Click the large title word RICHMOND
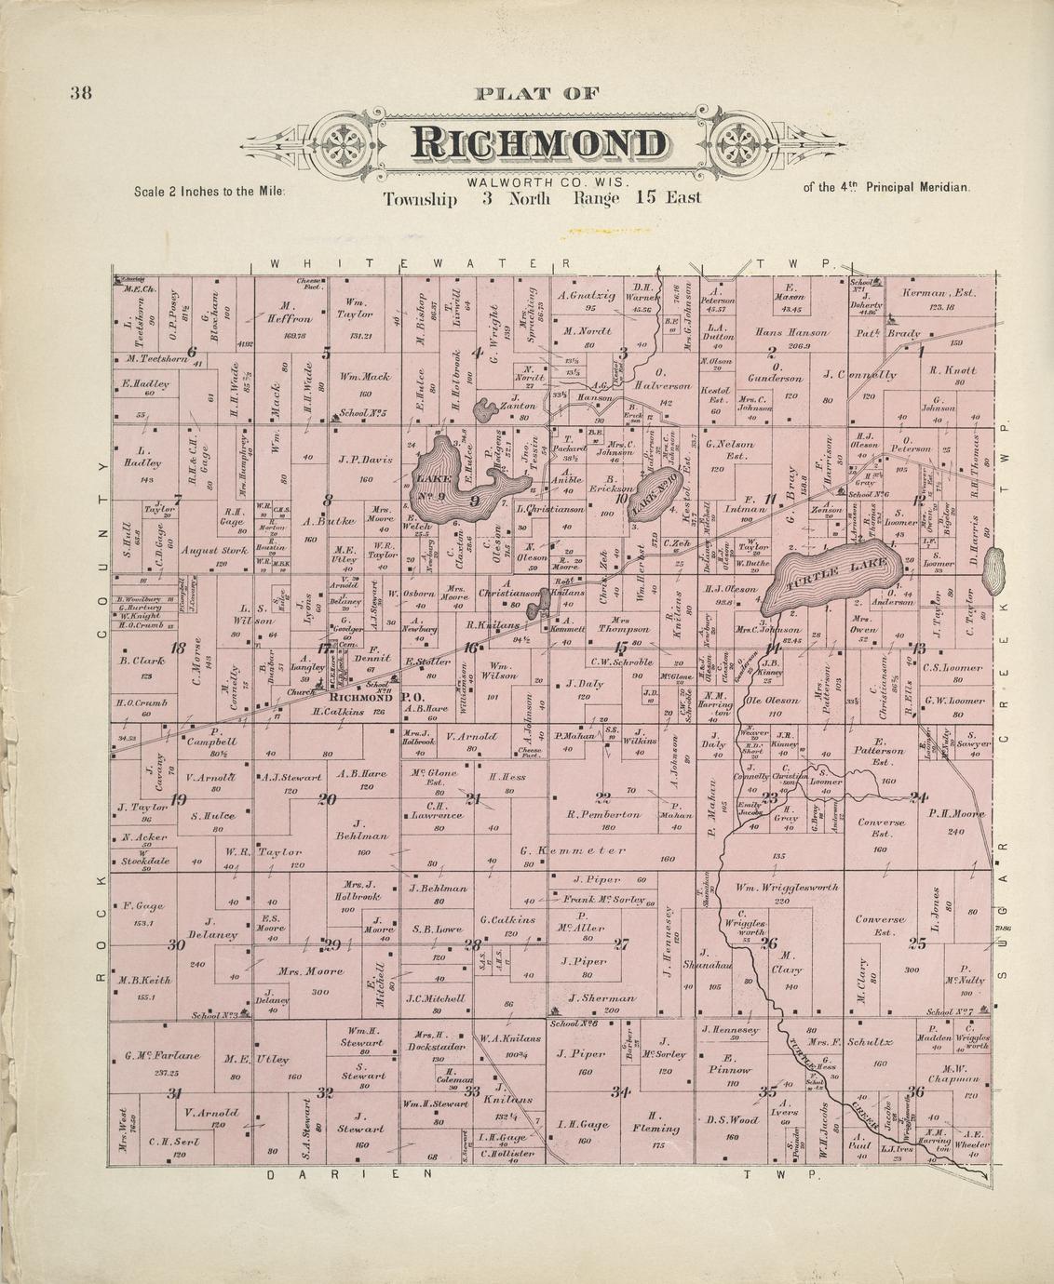coord(540,144)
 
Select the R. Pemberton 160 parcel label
coord(604,814)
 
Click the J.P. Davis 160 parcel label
coord(366,459)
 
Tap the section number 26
coord(768,943)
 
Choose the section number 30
coord(175,944)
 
